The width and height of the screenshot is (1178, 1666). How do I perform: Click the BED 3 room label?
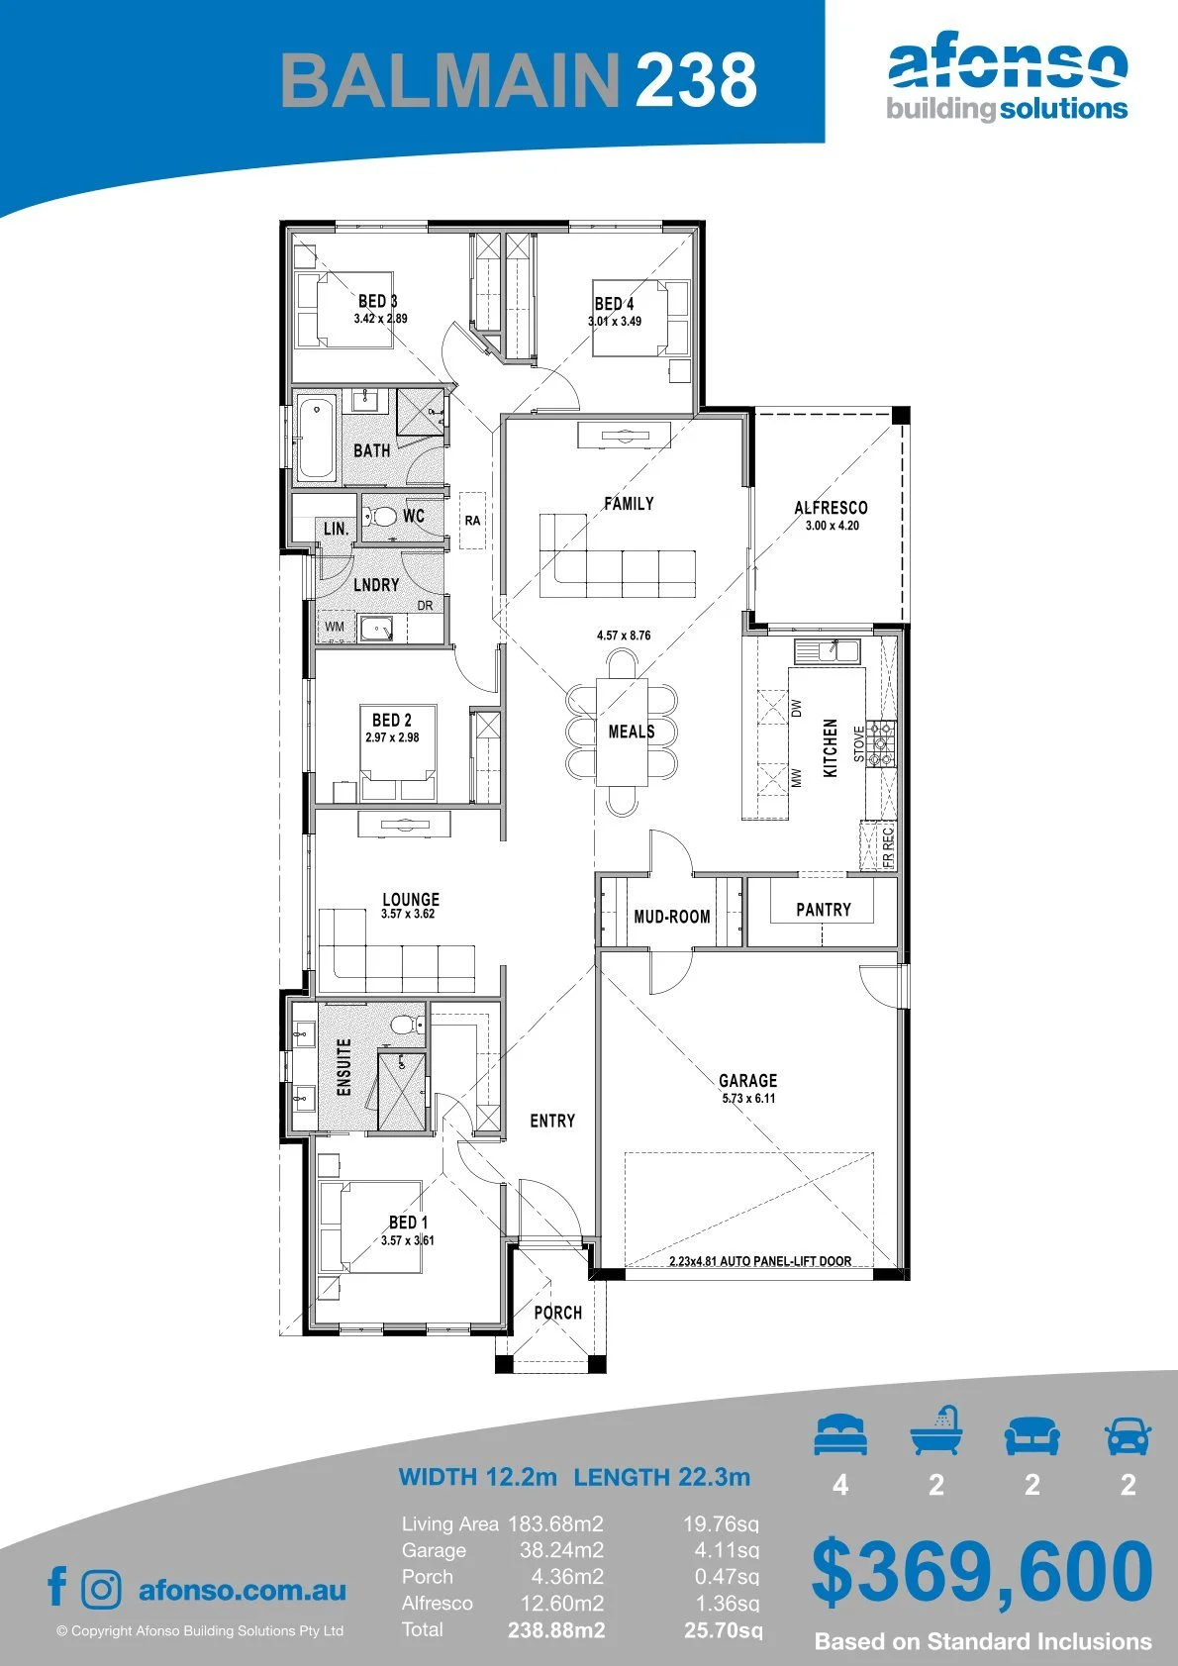coord(378,301)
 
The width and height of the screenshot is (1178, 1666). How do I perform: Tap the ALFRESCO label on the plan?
coord(831,508)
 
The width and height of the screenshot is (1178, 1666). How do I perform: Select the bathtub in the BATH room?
coord(316,439)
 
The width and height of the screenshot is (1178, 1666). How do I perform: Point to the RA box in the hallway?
coord(472,521)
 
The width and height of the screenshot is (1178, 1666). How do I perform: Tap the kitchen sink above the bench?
coord(827,650)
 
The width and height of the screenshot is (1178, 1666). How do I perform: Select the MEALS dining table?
coord(622,732)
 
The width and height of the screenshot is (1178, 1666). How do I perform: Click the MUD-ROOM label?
coord(671,917)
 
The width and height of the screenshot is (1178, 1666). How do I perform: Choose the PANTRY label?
coord(824,910)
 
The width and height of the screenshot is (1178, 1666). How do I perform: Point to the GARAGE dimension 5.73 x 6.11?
coord(748,1098)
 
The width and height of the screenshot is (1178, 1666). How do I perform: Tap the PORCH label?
coord(557,1313)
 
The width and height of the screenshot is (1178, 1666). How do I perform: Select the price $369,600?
coord(982,1572)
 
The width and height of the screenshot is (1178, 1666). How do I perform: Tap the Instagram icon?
coord(100,1589)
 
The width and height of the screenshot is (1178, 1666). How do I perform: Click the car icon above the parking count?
coord(1129,1435)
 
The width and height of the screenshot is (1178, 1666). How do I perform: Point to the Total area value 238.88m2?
coord(556,1630)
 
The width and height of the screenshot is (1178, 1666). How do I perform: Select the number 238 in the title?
coord(697,79)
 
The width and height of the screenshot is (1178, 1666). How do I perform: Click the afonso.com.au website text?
coord(243,1590)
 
